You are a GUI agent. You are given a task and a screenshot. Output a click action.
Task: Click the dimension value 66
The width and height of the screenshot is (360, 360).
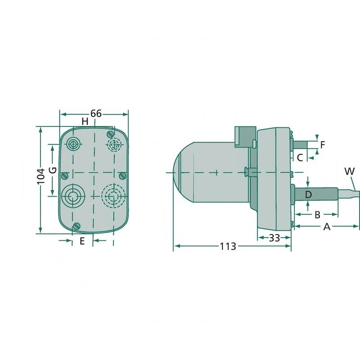tap(96, 113)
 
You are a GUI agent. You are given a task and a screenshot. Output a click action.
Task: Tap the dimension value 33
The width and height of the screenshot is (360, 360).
tap(274, 237)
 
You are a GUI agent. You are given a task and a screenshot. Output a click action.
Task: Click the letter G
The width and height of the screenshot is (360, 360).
tap(52, 171)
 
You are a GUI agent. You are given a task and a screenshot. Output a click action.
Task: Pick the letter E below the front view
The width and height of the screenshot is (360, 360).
tap(82, 241)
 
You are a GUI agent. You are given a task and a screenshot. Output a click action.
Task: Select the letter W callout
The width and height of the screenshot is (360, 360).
tap(349, 171)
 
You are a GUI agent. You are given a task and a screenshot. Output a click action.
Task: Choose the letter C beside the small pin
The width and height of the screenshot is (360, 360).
tap(299, 157)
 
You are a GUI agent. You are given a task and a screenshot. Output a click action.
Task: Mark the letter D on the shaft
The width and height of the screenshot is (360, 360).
tap(308, 194)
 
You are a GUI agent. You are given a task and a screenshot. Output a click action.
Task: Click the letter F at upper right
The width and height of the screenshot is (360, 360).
tap(322, 145)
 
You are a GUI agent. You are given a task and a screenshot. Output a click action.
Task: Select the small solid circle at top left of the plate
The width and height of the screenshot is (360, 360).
tap(73, 144)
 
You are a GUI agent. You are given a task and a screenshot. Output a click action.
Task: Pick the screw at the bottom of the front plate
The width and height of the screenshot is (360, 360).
tap(76, 226)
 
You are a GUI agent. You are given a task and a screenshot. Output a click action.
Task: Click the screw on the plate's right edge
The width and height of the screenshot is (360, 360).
tap(122, 175)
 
